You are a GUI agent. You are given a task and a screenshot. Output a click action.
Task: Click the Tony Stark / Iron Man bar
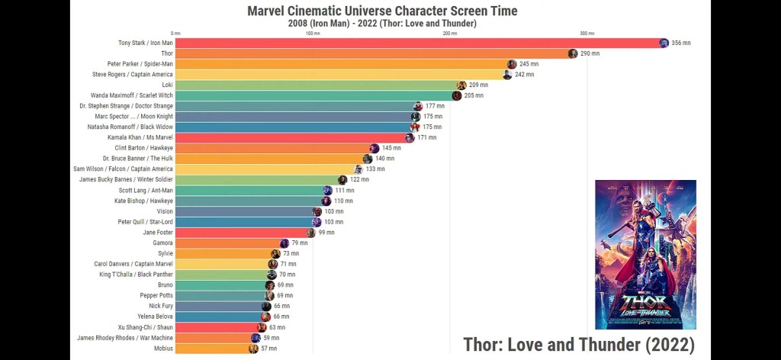419,43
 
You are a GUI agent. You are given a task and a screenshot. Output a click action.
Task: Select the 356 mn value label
681,43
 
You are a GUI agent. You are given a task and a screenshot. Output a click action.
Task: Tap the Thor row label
167,53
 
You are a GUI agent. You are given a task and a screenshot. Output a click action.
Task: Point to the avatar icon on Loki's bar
461,85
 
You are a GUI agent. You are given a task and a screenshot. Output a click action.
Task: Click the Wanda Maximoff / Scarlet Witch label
132,96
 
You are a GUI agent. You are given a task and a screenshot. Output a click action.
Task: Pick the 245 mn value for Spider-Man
529,64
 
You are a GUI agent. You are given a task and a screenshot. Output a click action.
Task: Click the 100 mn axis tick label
313,34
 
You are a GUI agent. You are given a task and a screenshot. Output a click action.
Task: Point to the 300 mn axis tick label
587,34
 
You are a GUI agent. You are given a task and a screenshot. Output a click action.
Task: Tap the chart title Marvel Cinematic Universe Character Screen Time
382,11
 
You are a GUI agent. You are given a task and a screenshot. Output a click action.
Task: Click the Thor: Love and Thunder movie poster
645,254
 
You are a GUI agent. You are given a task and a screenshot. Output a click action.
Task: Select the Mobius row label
163,349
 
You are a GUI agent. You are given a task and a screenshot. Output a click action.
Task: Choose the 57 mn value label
268,349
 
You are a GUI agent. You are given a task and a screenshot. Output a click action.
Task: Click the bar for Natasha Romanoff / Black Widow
294,127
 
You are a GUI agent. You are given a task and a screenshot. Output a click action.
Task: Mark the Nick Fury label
159,306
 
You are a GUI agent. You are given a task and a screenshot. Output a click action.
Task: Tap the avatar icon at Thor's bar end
573,53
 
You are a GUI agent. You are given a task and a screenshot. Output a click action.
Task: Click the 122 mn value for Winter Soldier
359,180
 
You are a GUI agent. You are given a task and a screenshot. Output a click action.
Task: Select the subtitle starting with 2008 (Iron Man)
382,24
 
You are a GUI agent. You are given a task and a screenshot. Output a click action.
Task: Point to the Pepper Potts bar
221,295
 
